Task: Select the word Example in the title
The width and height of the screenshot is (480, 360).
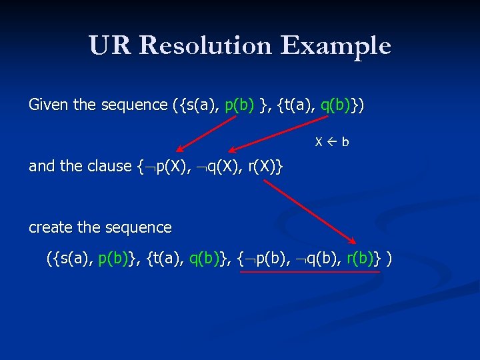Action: click(335, 46)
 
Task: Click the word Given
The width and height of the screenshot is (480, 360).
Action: click(48, 105)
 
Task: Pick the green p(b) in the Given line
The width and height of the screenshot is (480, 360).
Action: click(239, 105)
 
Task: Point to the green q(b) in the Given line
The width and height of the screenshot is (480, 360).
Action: click(335, 105)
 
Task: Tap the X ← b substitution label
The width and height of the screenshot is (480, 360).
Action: click(332, 142)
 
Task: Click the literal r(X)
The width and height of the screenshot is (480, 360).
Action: click(262, 166)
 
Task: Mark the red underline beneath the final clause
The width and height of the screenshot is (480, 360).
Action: click(309, 271)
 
